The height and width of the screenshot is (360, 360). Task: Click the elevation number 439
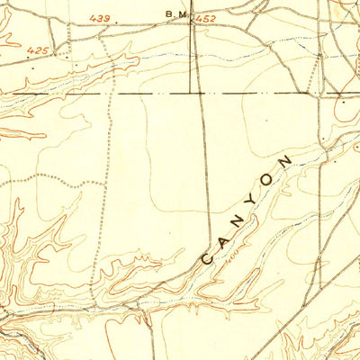[x=100, y=17]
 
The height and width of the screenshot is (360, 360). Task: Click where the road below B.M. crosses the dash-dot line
[x=198, y=93]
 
